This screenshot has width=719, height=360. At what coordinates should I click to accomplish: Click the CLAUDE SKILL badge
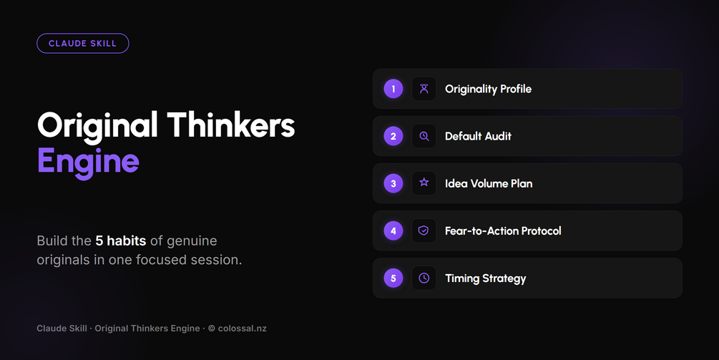(82, 44)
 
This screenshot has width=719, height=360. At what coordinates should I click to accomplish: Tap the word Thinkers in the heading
(230, 125)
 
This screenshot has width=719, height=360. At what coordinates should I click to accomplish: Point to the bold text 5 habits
(121, 240)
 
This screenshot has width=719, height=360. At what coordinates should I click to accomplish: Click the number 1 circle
(393, 89)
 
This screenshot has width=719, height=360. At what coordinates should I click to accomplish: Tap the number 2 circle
(393, 136)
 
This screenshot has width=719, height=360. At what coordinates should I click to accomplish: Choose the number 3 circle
(393, 183)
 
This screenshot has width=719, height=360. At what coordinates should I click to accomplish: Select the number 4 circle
(393, 230)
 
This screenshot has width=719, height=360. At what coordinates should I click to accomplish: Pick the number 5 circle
(393, 278)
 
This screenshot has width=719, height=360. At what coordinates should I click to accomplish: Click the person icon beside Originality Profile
(424, 89)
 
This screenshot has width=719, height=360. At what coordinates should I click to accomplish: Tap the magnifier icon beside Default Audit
(424, 136)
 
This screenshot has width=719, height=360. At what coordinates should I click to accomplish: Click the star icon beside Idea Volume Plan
(424, 183)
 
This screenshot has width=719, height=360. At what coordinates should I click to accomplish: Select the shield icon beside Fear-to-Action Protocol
(424, 230)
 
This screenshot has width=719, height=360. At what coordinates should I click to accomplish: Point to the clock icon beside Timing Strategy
(424, 278)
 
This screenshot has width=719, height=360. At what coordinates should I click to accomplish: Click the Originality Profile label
(489, 89)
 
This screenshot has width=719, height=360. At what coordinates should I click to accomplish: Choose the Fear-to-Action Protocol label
(503, 230)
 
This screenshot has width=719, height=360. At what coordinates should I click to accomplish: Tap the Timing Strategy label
(486, 279)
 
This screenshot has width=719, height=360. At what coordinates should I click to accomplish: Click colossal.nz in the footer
(242, 329)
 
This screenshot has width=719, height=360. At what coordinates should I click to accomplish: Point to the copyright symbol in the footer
(211, 329)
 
